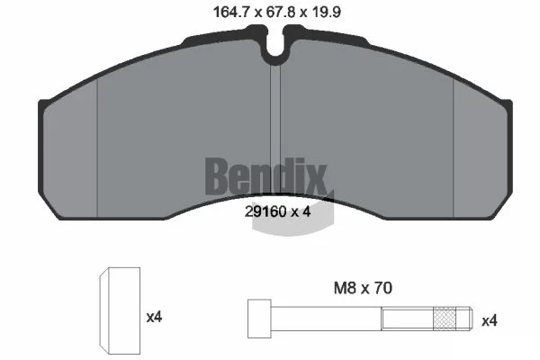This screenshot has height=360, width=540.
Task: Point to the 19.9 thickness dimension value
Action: tap(326, 13)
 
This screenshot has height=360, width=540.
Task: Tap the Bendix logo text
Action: tap(265, 176)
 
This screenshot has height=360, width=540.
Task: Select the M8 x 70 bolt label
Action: tap(363, 288)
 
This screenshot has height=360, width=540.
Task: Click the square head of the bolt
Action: tap(259, 319)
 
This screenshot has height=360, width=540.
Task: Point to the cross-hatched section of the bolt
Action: tap(445, 319)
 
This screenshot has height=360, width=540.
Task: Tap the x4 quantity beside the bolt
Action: tap(490, 321)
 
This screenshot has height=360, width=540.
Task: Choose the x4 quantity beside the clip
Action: tap(154, 317)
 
